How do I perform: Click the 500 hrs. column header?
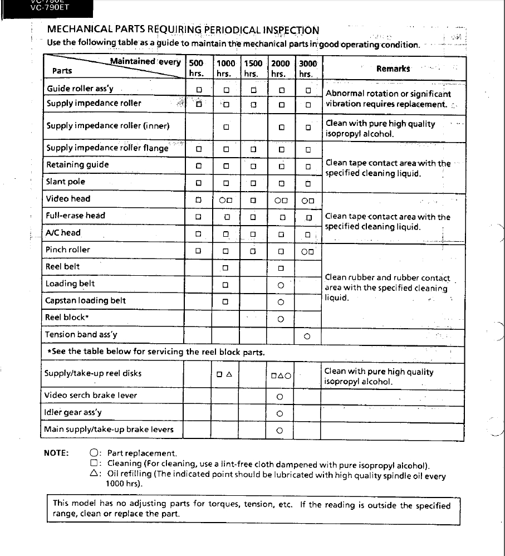coord(197,68)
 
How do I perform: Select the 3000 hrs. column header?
coord(307,68)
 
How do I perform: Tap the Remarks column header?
coord(393,69)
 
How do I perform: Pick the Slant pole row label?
coord(66,182)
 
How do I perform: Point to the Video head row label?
coord(68,198)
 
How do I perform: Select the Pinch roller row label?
coord(68,250)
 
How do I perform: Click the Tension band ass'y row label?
coord(81,335)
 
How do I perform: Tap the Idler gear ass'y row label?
coord(73,413)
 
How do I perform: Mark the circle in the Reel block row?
coord(281,319)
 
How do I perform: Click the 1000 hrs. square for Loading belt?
coord(225,285)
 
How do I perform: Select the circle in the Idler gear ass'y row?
coord(280,414)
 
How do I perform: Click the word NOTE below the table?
coord(56,452)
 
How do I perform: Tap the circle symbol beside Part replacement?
coord(94,453)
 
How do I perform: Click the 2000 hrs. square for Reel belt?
coord(281,269)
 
